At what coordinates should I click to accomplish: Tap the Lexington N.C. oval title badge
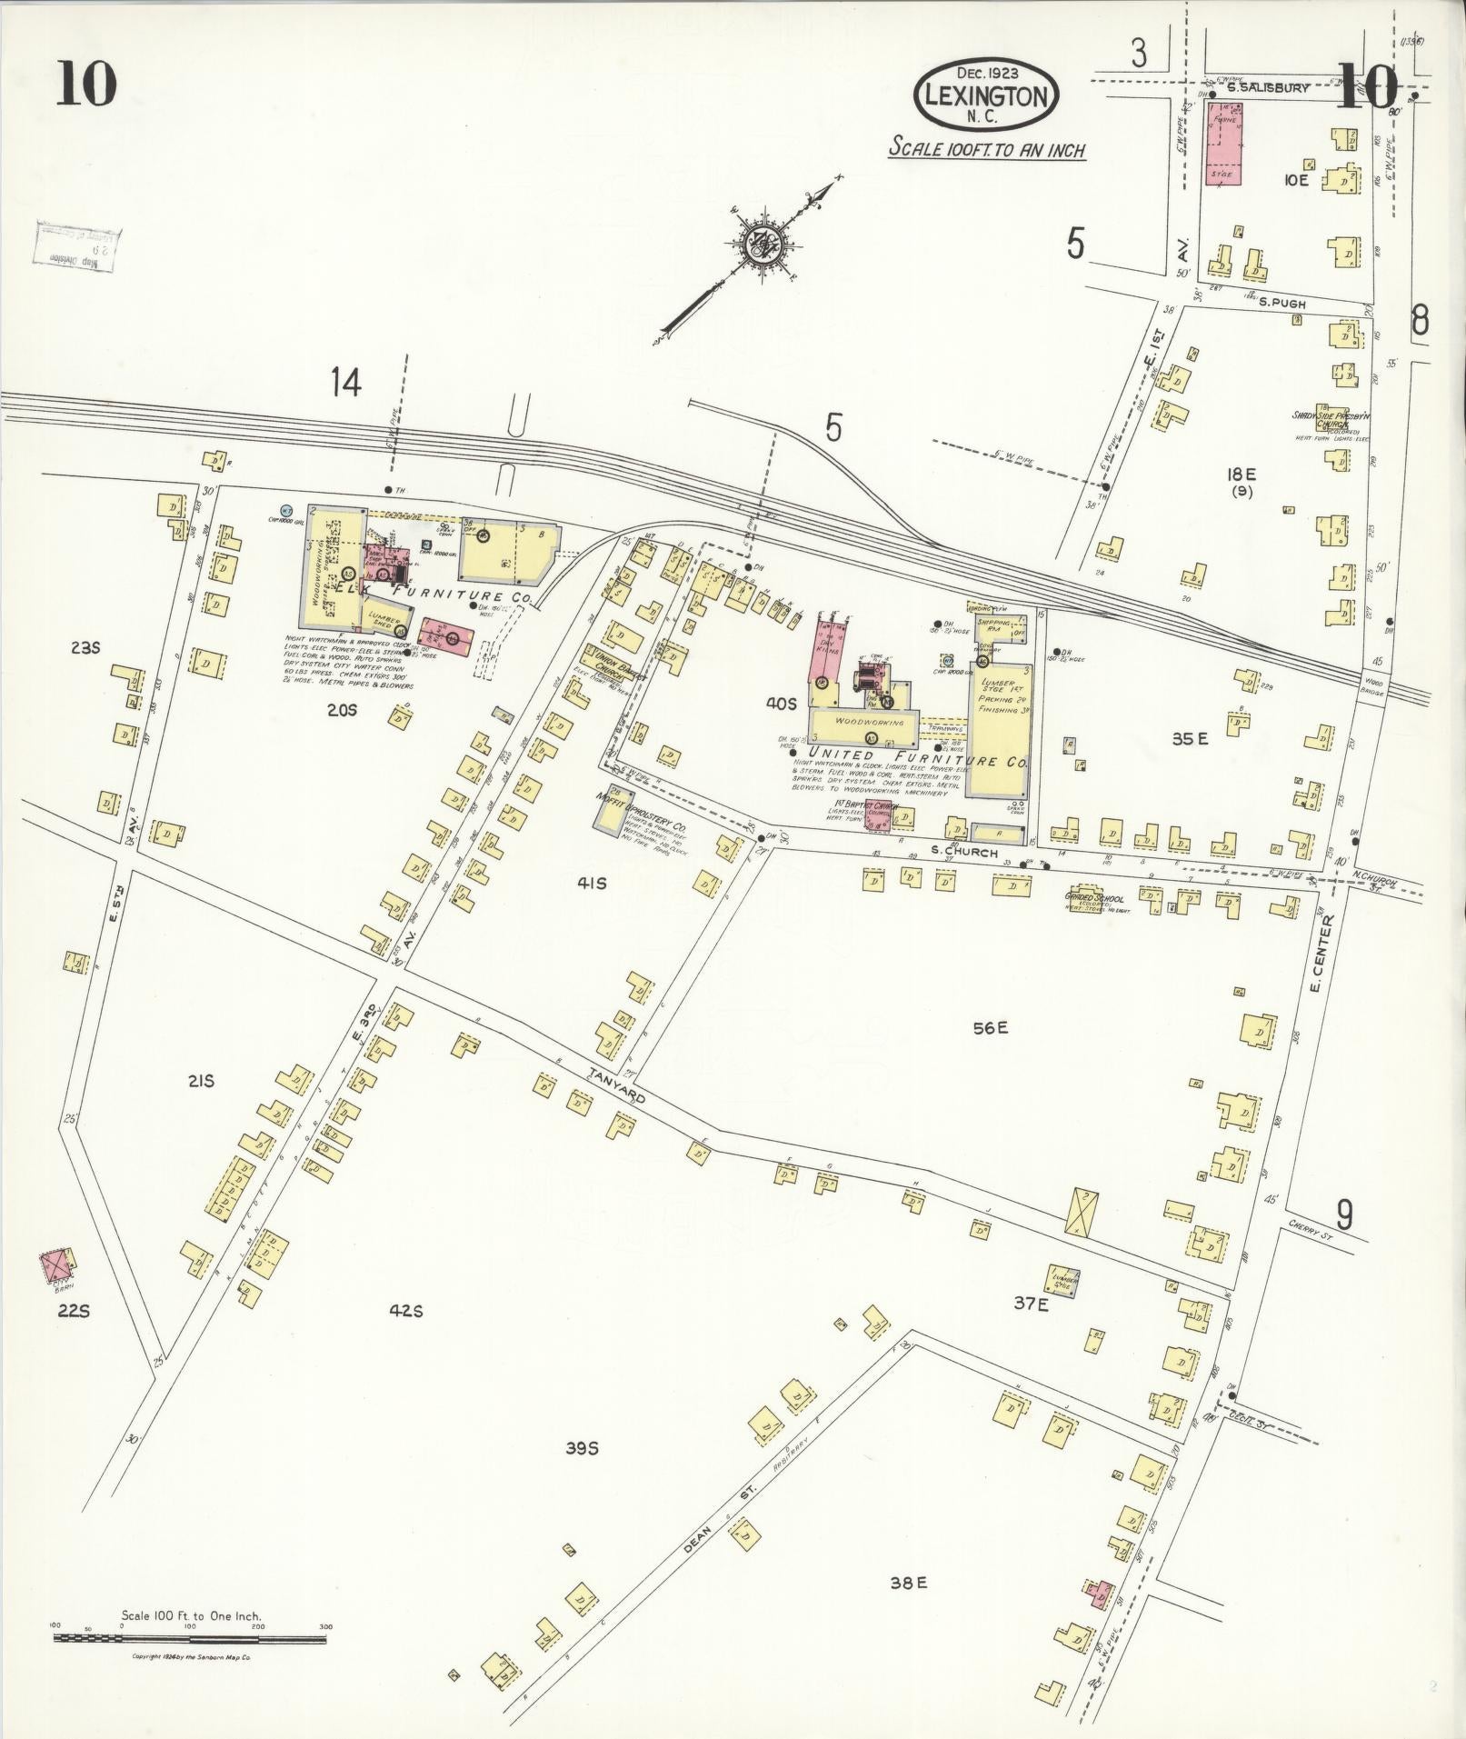coord(988,94)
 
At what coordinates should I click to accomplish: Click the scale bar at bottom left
coord(189,1002)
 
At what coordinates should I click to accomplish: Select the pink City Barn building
coord(56,1264)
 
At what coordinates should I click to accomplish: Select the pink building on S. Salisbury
coord(1223,143)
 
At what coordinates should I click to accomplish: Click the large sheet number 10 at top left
coord(86,84)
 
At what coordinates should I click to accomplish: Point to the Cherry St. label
coord(1309,1224)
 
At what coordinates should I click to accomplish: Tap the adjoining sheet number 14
coord(345,383)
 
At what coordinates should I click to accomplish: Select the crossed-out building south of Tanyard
coord(1083,1211)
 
